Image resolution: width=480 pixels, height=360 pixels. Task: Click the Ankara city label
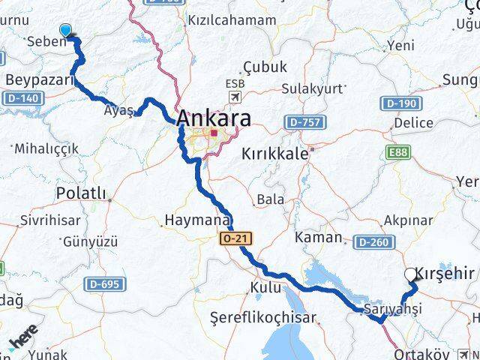coord(214,118)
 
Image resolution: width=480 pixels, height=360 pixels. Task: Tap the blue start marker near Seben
coord(66,30)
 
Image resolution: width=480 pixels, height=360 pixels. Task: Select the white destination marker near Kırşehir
coord(410,274)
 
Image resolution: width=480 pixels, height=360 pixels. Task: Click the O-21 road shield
coord(235,238)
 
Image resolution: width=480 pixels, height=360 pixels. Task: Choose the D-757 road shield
coord(302,121)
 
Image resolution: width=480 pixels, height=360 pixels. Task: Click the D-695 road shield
coord(103,283)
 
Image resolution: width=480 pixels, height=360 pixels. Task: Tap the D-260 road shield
coord(371,241)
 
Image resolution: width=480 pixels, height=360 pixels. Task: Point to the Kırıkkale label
coord(275,154)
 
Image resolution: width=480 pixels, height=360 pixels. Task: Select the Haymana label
coord(196,221)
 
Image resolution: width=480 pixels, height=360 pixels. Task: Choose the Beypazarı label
coord(39,79)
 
